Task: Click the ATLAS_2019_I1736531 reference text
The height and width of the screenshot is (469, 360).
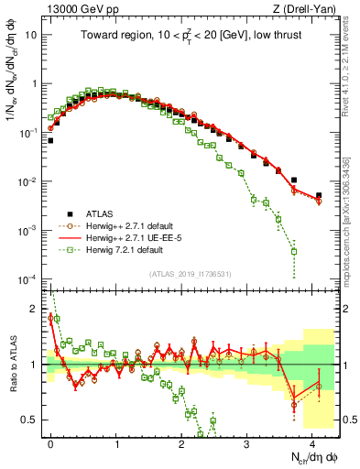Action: pos(191,273)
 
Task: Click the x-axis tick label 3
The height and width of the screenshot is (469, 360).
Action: pos(247,442)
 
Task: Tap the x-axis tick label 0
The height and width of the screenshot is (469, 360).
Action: pos(50,442)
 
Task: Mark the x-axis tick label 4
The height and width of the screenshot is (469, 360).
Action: pos(312,442)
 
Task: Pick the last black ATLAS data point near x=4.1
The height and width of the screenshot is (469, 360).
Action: pos(319,195)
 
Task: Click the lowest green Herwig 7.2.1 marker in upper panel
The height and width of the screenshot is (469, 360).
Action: pos(293,251)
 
